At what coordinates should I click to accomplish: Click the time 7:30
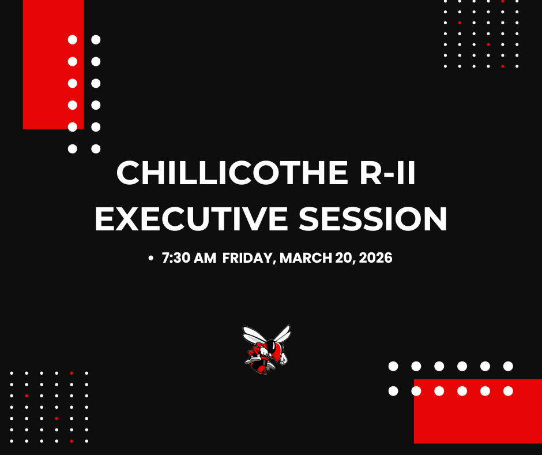(x=174, y=258)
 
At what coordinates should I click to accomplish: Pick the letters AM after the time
(x=204, y=258)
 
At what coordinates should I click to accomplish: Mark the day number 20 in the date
(x=342, y=258)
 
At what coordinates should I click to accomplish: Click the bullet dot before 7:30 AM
(x=151, y=258)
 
